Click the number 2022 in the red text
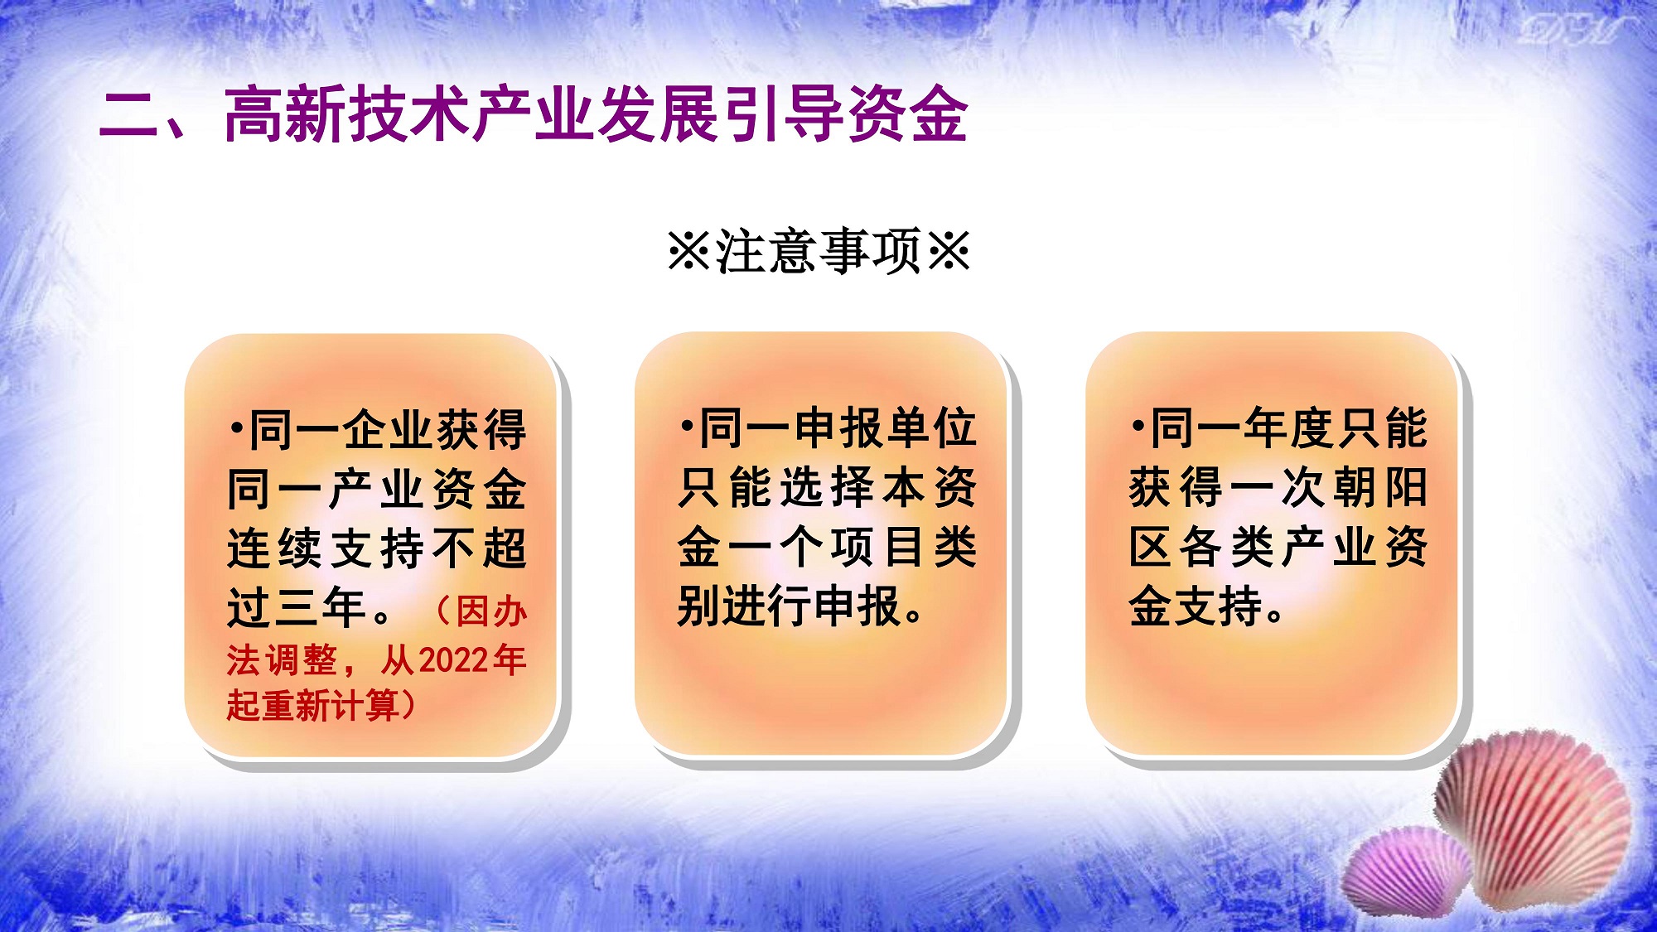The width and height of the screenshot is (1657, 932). [x=455, y=660]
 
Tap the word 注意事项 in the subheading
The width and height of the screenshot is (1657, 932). [x=819, y=251]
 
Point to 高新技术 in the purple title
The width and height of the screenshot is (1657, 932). [x=348, y=114]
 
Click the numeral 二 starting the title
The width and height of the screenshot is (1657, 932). [x=130, y=114]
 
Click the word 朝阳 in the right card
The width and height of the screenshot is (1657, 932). [x=1380, y=487]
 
